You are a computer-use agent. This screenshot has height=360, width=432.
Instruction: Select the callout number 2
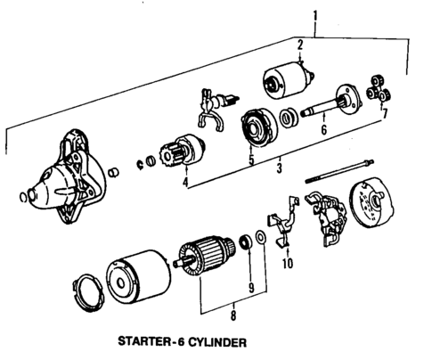tap(300, 44)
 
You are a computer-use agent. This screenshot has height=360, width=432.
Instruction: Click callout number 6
tap(324, 130)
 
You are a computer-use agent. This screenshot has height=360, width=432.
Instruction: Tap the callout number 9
tap(252, 287)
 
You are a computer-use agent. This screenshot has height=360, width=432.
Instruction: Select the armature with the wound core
tap(203, 258)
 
